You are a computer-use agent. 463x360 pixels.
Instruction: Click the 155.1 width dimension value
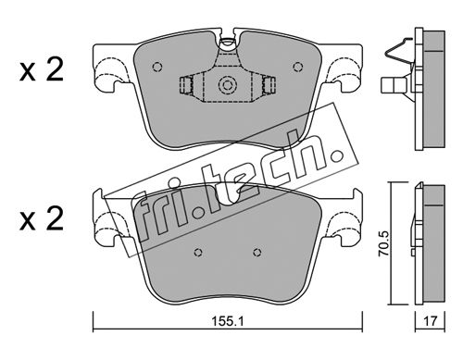228,321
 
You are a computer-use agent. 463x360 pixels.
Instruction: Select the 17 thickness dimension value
431,321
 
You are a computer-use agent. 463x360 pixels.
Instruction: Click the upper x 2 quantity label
42,70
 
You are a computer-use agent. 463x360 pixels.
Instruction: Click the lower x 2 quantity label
42,219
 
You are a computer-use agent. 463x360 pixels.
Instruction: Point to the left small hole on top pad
157,67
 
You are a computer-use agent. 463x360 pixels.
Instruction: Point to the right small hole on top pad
298,67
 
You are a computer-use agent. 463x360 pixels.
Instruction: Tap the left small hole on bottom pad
198,253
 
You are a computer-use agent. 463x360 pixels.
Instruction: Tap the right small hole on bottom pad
257,253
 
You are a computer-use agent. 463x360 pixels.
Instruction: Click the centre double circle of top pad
228,84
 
